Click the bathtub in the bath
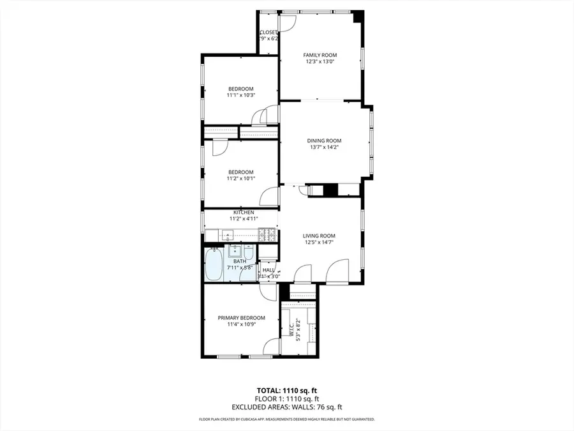tap(214, 264)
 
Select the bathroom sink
tap(234, 249)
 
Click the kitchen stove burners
tap(268, 234)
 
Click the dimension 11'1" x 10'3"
tap(241, 95)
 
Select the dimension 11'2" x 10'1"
tap(241, 179)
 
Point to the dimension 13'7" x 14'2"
tap(324, 147)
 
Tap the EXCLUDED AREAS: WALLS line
tap(286, 407)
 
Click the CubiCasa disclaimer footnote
tap(286, 420)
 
